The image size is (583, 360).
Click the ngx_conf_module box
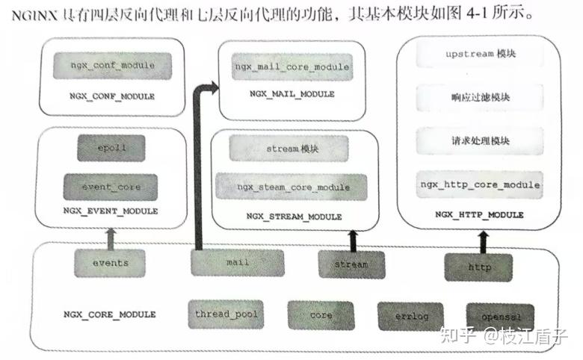click(x=112, y=66)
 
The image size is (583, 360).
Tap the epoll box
click(x=111, y=148)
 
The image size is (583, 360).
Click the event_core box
click(x=111, y=186)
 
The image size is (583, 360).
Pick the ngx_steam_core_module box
click(x=292, y=186)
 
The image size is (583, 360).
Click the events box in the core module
click(x=111, y=263)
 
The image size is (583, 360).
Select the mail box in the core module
click(x=237, y=263)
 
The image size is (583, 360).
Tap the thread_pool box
click(x=226, y=314)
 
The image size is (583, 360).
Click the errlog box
click(x=410, y=316)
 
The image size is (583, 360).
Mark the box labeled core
click(x=321, y=315)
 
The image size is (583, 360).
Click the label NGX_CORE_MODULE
click(x=110, y=314)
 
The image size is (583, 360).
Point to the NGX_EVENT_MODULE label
click(x=111, y=211)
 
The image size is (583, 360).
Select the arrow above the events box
click(x=111, y=238)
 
